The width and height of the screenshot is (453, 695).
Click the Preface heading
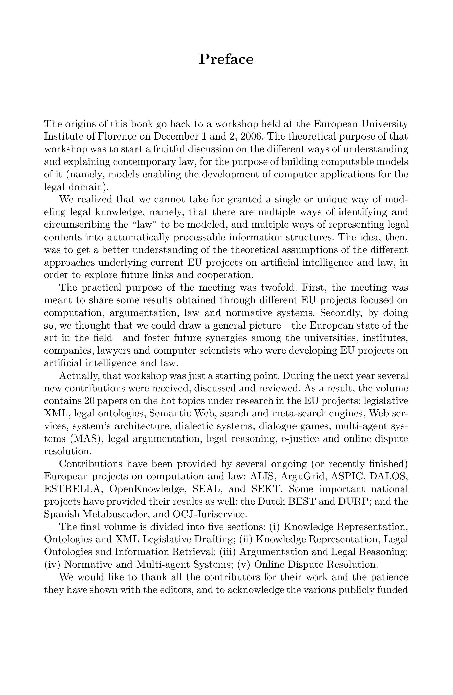pos(226,59)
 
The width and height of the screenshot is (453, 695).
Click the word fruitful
pos(169,149)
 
